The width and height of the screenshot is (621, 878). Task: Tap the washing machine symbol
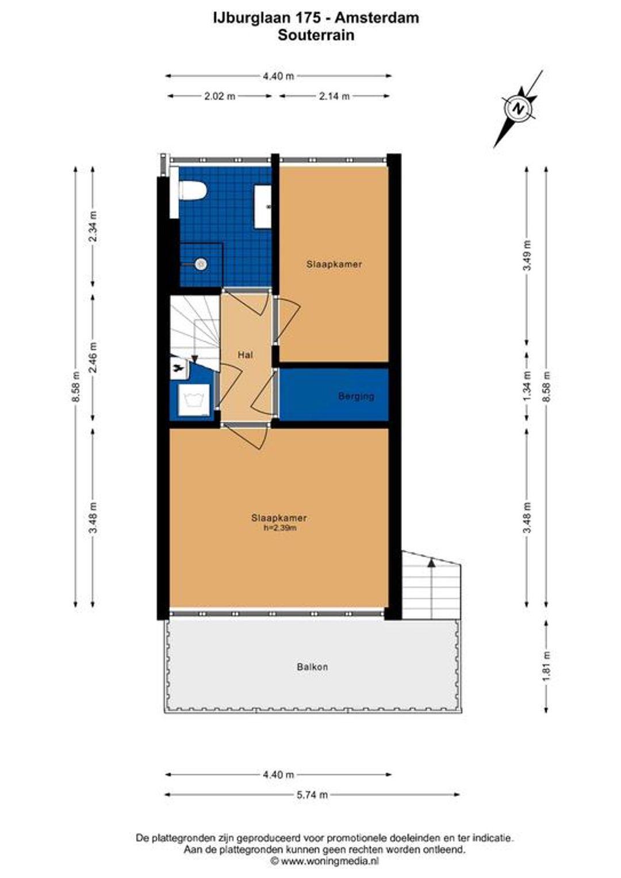[x=194, y=399]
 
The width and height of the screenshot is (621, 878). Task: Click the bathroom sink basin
[x=263, y=206]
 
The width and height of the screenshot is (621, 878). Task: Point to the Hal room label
[x=245, y=355]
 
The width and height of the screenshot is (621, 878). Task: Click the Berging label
[x=356, y=396]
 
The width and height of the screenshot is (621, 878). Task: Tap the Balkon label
[x=312, y=667]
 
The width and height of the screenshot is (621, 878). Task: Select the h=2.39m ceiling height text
[x=279, y=528]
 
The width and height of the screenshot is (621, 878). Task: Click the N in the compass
[x=519, y=109]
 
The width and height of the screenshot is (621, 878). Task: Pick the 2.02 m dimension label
[x=219, y=96]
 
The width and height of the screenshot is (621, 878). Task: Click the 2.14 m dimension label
[x=334, y=96]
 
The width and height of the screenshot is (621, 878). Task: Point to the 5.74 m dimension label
[x=312, y=795]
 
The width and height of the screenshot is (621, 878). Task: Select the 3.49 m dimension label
[x=527, y=255]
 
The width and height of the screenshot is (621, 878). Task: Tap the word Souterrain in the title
[x=316, y=35]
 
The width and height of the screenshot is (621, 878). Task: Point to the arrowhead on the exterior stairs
[x=431, y=563]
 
